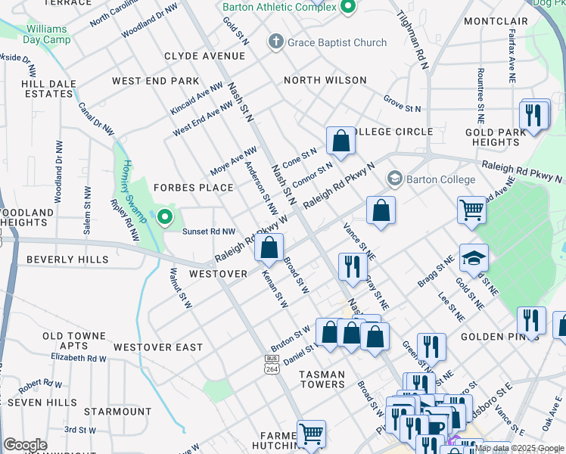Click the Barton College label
click(x=440, y=179)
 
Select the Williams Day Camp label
click(x=46, y=34)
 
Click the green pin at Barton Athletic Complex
click(x=347, y=8)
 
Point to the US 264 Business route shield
click(x=272, y=364)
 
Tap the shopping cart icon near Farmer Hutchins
click(x=311, y=434)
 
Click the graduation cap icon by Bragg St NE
click(x=474, y=258)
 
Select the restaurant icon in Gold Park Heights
click(x=534, y=114)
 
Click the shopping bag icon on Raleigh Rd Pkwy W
click(x=269, y=247)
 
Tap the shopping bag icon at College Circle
click(x=341, y=140)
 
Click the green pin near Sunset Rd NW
click(x=166, y=218)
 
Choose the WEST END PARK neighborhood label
click(x=155, y=81)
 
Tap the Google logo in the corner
click(x=25, y=445)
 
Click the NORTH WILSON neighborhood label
click(x=325, y=80)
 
